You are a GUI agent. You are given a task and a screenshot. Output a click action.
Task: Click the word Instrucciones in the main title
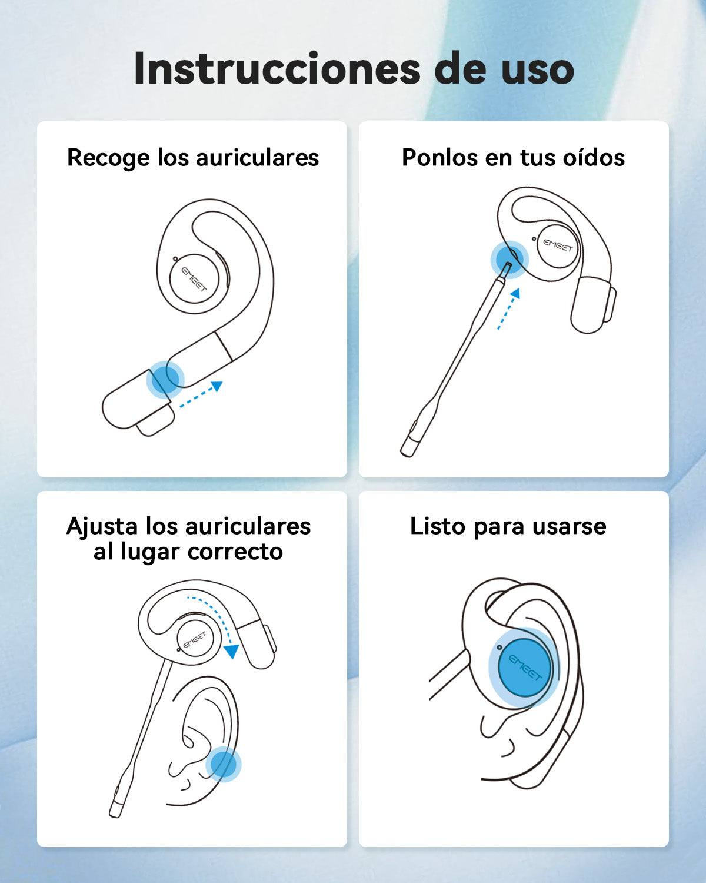point(277,68)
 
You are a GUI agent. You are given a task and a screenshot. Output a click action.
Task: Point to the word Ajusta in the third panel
point(102,526)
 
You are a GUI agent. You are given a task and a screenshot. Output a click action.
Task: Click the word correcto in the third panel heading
point(235,552)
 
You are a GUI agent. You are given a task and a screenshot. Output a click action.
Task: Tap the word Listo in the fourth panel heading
point(437,526)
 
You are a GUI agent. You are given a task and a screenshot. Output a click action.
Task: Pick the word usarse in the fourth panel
point(570,527)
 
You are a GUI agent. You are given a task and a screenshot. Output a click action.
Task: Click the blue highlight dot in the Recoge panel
point(165,380)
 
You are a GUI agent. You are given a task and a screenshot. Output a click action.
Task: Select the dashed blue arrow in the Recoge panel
point(201,394)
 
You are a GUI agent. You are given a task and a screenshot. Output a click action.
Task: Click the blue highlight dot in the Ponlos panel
point(509,260)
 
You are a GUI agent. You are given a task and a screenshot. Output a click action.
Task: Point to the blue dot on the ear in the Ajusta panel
point(223,764)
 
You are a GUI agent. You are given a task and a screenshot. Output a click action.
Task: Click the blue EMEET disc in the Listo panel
point(525,668)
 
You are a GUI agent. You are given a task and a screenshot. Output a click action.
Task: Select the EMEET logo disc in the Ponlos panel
point(558,245)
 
